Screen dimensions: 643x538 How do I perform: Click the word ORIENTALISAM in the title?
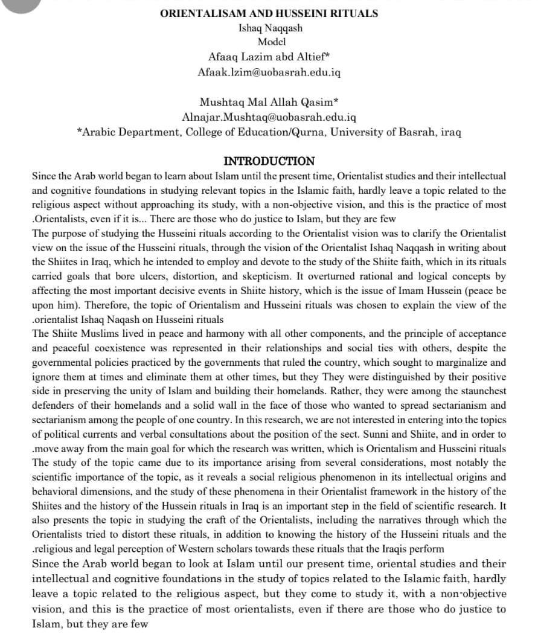click(193, 13)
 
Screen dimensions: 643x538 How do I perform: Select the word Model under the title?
click(272, 42)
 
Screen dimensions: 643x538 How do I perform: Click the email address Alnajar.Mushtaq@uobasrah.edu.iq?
click(269, 116)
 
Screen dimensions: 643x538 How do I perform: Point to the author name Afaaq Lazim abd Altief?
click(269, 57)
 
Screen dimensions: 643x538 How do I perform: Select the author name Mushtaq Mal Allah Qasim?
click(269, 101)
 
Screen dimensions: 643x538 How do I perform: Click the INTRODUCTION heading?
click(269, 161)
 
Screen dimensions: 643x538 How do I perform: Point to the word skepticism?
click(264, 275)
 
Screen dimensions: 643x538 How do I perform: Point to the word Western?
click(193, 549)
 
